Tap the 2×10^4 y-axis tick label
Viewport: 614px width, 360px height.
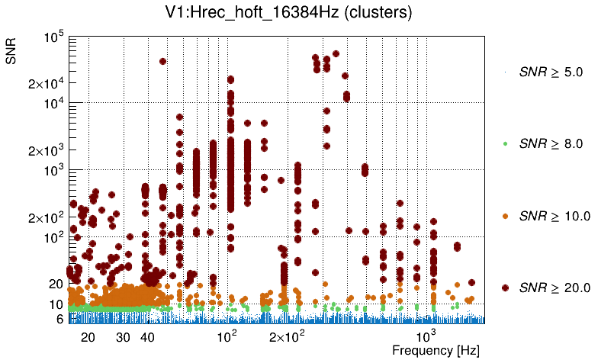coord(46,83)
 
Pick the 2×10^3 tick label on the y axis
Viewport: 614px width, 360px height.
coord(46,150)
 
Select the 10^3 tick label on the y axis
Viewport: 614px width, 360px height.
coord(53,171)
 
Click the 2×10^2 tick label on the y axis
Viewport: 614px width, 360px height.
coord(46,217)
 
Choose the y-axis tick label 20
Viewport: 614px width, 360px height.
coord(55,284)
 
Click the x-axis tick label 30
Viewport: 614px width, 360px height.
coord(124,336)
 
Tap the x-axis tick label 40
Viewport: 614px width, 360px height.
coord(148,336)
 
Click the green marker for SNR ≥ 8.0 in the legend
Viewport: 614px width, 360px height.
coord(506,143)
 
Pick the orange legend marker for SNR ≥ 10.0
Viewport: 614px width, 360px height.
coord(506,216)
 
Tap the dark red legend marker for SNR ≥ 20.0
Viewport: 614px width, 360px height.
coord(506,288)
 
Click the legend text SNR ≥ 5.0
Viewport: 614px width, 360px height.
coord(550,72)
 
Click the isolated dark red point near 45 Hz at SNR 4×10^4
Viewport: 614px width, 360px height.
coord(162,62)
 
